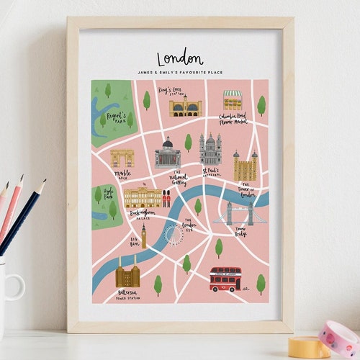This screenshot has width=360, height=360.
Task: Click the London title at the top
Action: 180,58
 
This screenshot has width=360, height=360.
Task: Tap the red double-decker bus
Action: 225,278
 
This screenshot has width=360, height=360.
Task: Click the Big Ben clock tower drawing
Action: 144,236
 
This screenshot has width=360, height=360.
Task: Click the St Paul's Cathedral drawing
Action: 211,150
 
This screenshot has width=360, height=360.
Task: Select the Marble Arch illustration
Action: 122,158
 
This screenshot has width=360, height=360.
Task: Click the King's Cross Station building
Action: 186,107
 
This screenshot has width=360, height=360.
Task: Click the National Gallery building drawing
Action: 167,153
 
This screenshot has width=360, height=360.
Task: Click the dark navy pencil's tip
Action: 44,181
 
